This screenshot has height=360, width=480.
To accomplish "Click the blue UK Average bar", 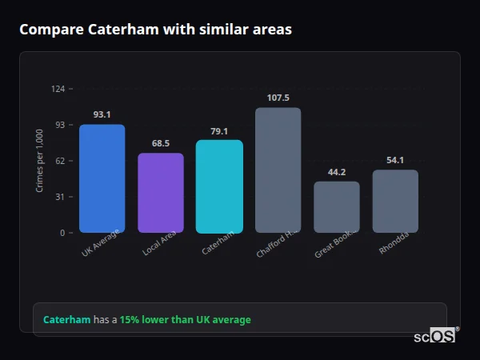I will click(102, 178).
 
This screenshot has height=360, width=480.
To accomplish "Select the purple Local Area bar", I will click(161, 193).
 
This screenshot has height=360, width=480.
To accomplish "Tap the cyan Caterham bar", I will click(219, 186).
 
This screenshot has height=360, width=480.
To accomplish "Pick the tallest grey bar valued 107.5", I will click(278, 170).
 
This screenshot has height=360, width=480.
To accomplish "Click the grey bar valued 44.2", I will click(337, 207).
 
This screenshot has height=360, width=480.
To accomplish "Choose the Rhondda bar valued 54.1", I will click(395, 201).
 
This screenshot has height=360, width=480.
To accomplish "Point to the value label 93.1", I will click(102, 114).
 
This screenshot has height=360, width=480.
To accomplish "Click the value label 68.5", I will click(161, 143).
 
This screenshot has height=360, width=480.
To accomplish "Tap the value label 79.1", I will click(219, 131).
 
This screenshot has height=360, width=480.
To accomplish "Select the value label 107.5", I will click(278, 98).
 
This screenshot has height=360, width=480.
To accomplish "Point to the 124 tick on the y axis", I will click(58, 89).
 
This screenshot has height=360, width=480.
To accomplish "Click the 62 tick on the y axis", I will click(59, 161).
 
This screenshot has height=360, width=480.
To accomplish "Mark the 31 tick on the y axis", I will click(59, 197).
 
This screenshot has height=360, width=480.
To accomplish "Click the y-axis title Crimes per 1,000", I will click(40, 161).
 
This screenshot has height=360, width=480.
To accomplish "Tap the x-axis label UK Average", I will click(100, 243).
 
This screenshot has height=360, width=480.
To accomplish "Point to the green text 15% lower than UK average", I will click(185, 320).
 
